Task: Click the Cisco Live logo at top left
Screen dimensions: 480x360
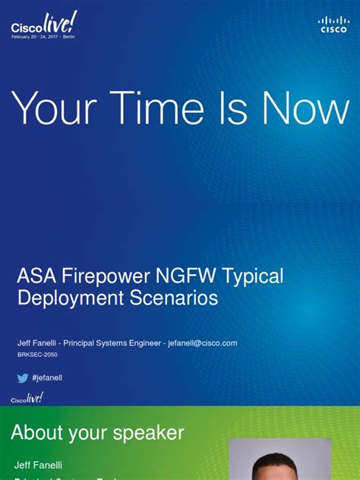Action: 43,27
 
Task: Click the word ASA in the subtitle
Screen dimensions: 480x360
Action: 36,276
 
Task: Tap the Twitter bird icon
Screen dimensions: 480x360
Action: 23,377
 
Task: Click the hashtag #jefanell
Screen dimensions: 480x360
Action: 48,377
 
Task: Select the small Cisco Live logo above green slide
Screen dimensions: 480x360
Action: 27,398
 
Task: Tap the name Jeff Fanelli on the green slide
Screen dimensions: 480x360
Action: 36,464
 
